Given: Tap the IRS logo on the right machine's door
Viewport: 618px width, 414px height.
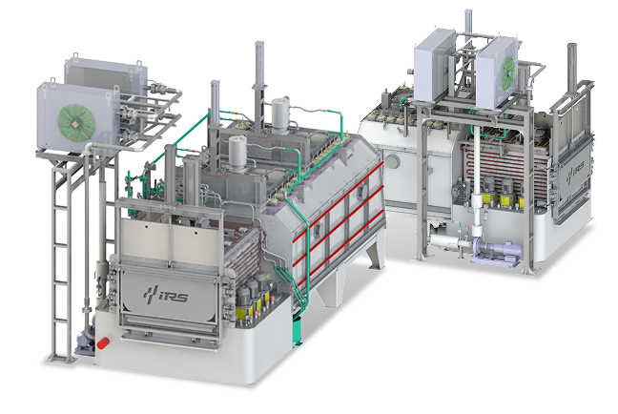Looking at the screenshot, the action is (575, 173).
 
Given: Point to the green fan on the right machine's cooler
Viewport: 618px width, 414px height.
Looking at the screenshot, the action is (507, 72).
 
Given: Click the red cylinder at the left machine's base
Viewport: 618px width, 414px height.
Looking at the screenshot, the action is (105, 342).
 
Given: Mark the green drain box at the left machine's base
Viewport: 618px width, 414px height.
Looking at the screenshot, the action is (297, 330).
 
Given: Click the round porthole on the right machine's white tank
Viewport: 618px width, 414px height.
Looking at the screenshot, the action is (393, 161).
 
